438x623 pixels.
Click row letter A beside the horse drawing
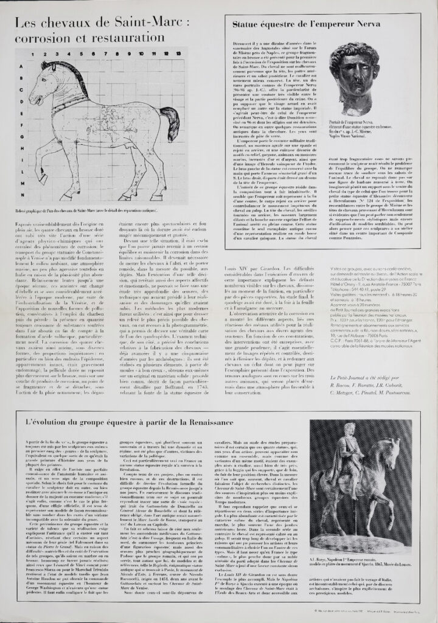pos(22,68)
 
